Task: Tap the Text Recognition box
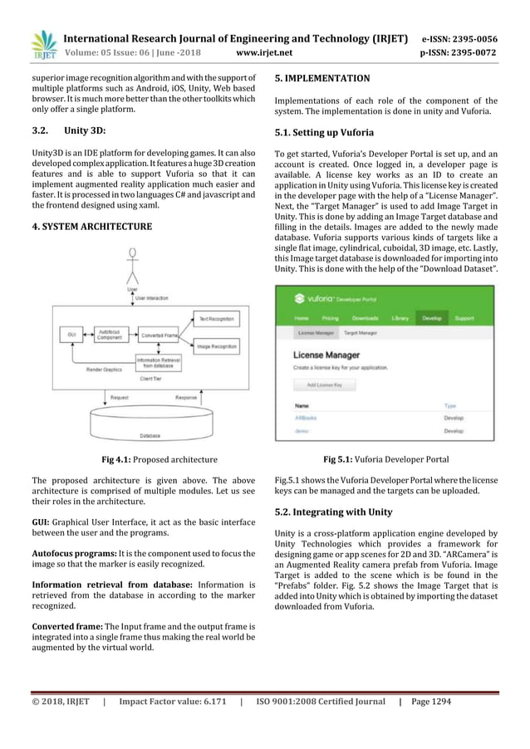(216, 317)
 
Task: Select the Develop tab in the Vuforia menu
(431, 318)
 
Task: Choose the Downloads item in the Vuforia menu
(365, 318)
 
